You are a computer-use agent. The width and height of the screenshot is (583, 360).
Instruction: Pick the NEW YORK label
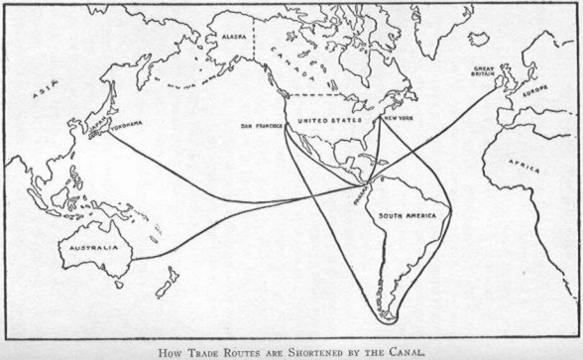click(x=400, y=117)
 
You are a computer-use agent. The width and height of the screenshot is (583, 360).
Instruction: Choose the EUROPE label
click(x=534, y=90)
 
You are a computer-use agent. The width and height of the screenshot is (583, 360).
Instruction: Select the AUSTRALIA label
click(x=89, y=248)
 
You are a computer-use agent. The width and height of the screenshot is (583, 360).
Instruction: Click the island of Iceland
click(x=479, y=39)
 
